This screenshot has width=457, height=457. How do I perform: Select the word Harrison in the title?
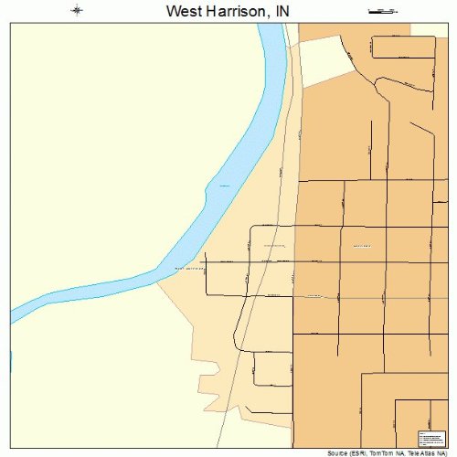point(228,11)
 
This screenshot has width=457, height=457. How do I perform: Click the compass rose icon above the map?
point(78,11)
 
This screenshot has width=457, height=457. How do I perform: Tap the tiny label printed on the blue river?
point(222,186)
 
